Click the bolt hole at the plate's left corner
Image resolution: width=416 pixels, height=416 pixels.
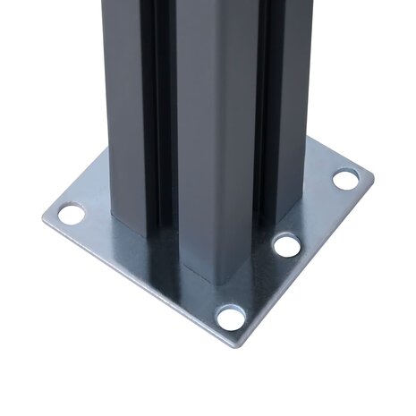(x=71, y=214)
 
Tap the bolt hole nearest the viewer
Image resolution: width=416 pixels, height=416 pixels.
(x=230, y=316)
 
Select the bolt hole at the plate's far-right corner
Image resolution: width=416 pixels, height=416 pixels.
(x=344, y=178)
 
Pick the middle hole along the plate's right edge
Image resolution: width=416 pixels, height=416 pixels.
(x=286, y=244)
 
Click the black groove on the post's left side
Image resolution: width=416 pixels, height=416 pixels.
(x=162, y=116)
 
